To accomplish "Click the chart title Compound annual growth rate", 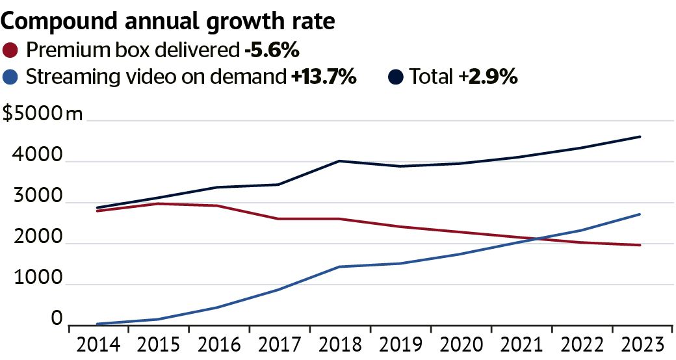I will pos(169,21).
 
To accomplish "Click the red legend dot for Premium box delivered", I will pos(11,49).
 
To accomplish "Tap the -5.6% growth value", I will pos(272,49).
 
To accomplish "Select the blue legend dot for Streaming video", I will pos(11,77).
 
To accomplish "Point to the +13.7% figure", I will pos(324,77).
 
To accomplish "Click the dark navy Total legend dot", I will pos(396,77).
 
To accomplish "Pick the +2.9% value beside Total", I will pos(488,77).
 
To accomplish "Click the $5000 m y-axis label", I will pos(43,115).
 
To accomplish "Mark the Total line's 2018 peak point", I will pos(340,161).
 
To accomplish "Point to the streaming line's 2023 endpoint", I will pos(641,214).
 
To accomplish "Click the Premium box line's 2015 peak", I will pos(159,203).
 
